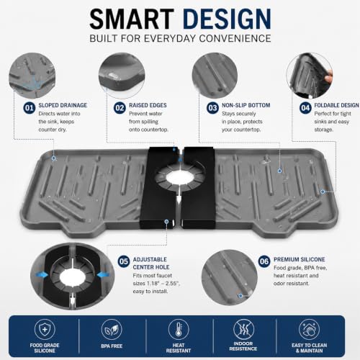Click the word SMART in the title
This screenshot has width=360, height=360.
tap(132, 19)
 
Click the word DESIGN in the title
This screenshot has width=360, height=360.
tap(227, 19)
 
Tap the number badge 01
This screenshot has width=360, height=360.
tap(30, 108)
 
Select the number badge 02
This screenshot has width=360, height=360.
tap(120, 108)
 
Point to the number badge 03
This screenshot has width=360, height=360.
tap(212, 108)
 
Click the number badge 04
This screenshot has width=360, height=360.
tap(305, 108)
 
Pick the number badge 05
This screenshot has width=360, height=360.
tap(124, 261)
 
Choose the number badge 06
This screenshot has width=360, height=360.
tap(264, 261)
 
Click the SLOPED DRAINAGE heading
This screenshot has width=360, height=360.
tap(63, 105)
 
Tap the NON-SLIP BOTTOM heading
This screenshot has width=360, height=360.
tap(246, 105)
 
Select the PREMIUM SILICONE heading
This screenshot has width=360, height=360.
tap(300, 259)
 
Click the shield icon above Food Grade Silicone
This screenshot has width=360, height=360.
tap(45, 330)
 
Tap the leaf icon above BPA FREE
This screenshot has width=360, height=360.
tap(112, 330)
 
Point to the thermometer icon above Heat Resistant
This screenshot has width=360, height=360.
tap(179, 330)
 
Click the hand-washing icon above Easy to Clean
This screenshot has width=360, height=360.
tap(309, 330)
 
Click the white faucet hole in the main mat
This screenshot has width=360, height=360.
tap(179, 178)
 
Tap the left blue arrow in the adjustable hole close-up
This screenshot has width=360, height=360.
tap(41, 274)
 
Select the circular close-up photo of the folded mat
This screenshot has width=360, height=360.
tap(310, 76)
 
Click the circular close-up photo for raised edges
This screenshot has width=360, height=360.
tap(122, 75)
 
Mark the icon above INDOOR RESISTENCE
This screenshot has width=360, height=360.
tap(243, 330)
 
